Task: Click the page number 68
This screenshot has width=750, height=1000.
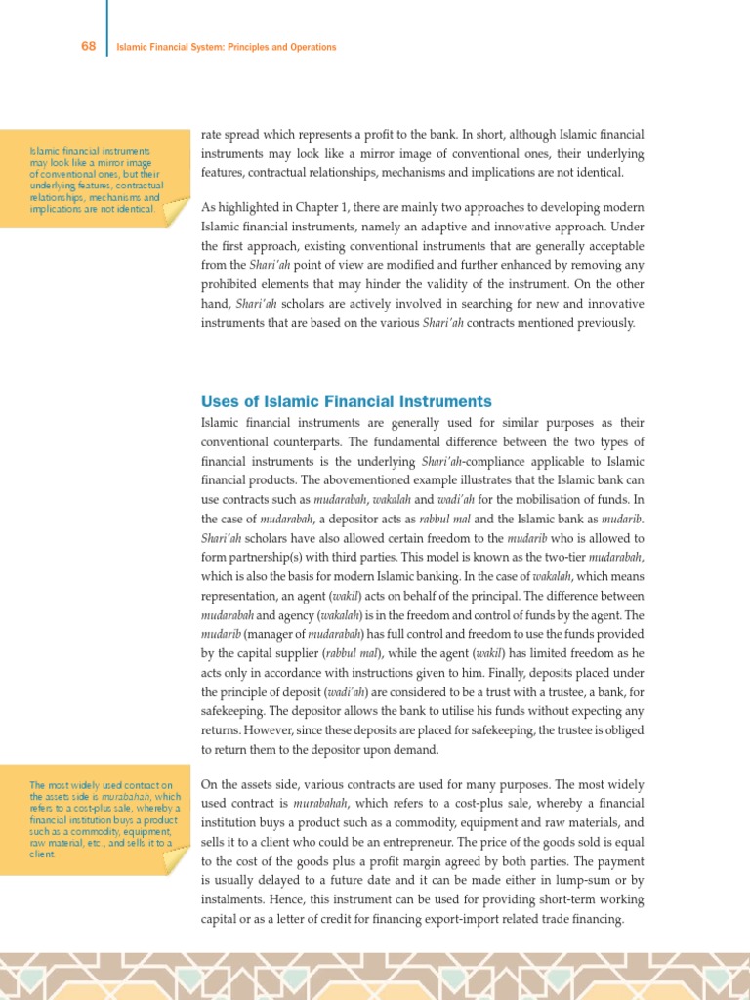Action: click(x=87, y=46)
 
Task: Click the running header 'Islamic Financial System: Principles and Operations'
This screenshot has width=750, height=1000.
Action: click(x=226, y=47)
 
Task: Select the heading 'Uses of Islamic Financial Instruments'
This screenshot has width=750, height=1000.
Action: click(x=346, y=401)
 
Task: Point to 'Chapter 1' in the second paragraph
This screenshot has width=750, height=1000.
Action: click(x=326, y=207)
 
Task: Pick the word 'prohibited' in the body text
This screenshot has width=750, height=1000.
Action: click(x=232, y=284)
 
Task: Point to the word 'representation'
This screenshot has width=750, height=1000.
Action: click(x=240, y=596)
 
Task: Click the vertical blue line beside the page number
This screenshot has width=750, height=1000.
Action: click(x=105, y=29)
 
